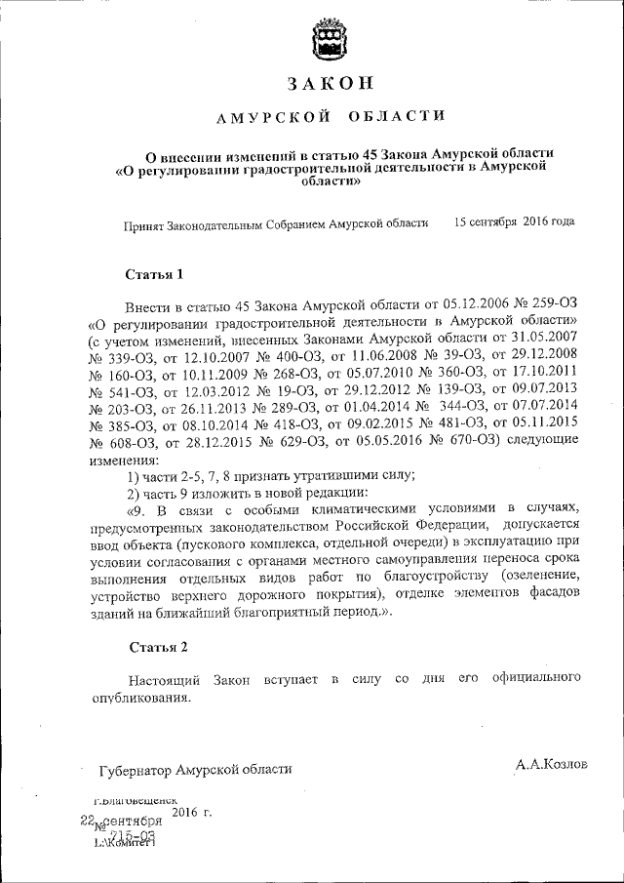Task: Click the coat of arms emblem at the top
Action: [322, 41]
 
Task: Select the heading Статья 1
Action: [155, 274]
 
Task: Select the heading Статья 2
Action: [157, 648]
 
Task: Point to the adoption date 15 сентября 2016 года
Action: [514, 221]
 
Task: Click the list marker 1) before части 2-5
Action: [136, 476]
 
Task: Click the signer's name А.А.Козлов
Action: [552, 764]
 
